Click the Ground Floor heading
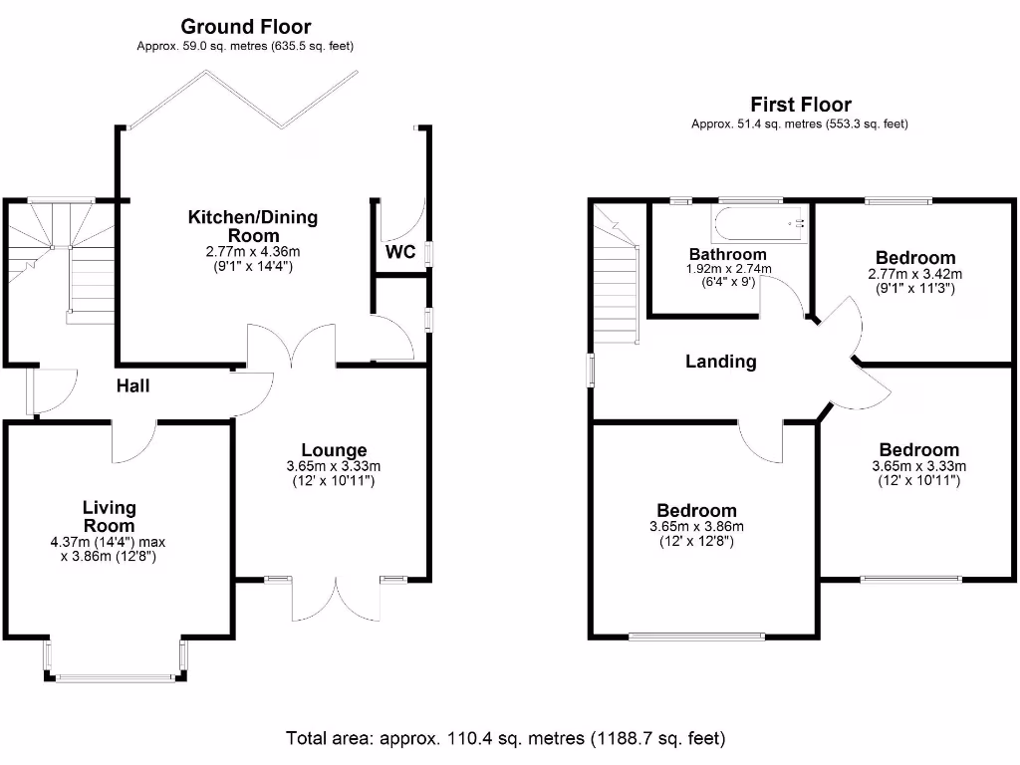tap(245, 27)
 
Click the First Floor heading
tap(800, 105)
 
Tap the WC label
tap(400, 252)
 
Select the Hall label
tap(132, 385)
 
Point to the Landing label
tap(720, 362)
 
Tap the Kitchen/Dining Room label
tap(253, 225)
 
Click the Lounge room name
tap(334, 450)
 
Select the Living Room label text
tap(109, 517)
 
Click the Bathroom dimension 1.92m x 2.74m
tap(729, 269)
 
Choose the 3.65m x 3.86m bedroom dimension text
tap(696, 527)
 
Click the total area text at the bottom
tap(506, 738)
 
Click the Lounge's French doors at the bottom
tap(336, 600)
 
